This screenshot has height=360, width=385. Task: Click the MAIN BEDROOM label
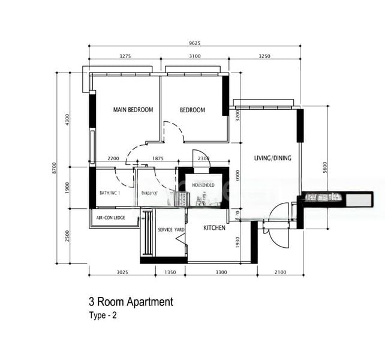pos(133,110)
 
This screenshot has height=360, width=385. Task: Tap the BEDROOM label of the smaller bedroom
pos(192,110)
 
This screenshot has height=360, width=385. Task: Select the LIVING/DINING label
pos(272,158)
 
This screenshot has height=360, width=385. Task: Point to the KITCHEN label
pos(214,228)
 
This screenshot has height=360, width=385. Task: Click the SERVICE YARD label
pos(171,230)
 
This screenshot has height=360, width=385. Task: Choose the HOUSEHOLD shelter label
pos(203,185)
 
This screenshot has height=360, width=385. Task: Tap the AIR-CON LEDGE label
pos(110,218)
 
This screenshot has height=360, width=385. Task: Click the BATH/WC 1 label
pos(110,193)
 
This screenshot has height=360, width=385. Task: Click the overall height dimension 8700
pos(56,167)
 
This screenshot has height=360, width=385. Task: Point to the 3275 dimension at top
pos(125,56)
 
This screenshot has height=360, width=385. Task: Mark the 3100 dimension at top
pos(194,56)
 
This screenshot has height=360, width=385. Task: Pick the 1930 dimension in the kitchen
pos(238,241)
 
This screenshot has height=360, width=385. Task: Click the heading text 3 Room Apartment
pos(130,302)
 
